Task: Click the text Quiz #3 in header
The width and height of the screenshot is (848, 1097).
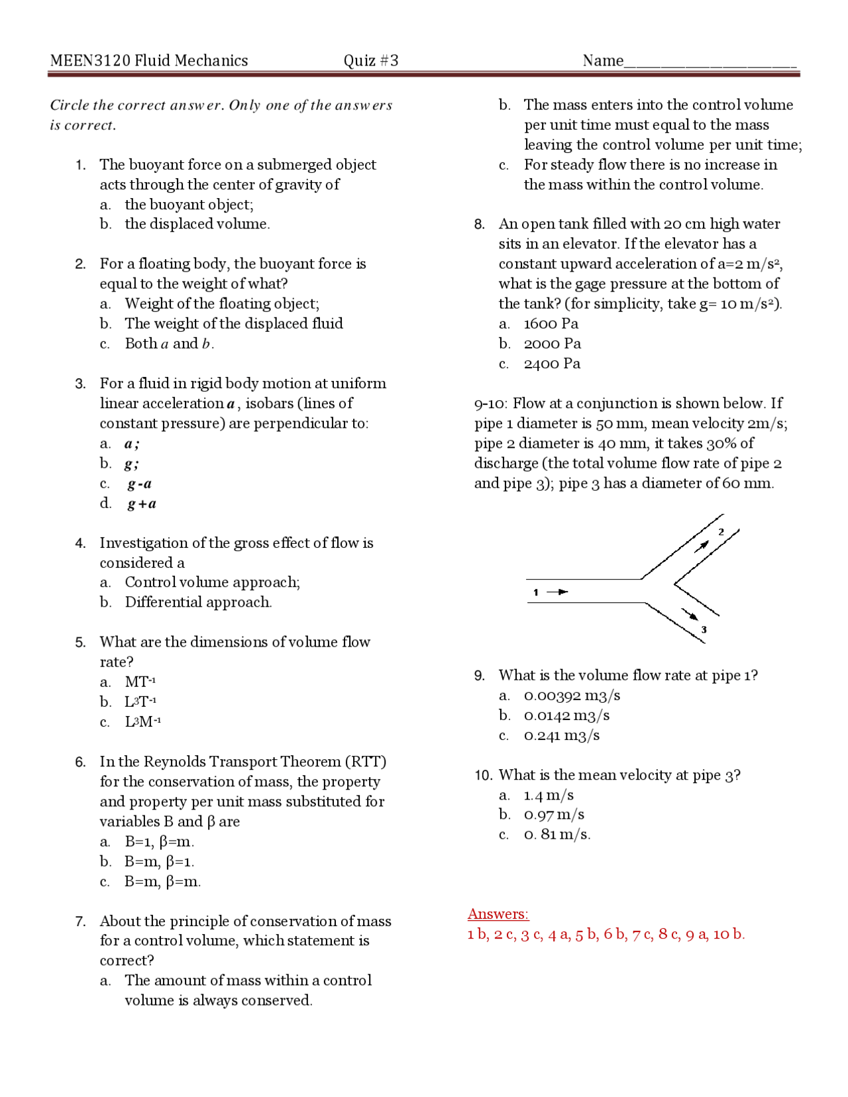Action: point(370,61)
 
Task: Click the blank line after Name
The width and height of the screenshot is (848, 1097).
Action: point(710,65)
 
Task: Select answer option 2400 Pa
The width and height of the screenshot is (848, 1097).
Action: point(551,364)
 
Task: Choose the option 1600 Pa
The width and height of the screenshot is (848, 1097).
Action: point(551,324)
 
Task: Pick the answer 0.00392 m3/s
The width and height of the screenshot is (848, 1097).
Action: point(571,696)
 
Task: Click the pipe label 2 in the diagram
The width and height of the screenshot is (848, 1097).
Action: point(721,531)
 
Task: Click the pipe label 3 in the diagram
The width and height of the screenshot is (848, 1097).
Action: point(704,629)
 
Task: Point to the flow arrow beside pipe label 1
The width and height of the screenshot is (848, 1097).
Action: point(558,592)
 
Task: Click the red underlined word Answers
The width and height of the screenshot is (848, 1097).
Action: point(498,914)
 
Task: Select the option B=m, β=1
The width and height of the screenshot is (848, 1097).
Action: point(159,862)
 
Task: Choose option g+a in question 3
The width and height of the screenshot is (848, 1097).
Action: point(142,504)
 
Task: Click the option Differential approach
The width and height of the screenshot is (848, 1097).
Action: point(198,602)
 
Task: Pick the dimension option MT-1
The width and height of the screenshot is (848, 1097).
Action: point(140,682)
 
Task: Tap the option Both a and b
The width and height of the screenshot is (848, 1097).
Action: point(169,344)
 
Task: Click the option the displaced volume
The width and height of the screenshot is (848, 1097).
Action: point(197,224)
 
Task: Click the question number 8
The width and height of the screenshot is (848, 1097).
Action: point(480,225)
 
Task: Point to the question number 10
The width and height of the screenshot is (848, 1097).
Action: point(483,776)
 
